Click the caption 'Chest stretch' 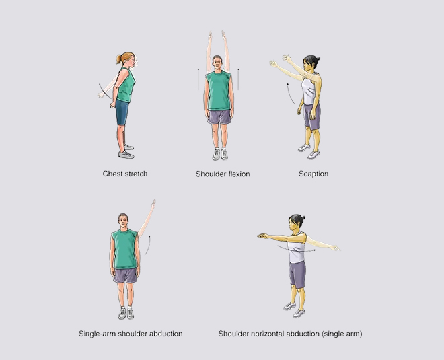point(125,174)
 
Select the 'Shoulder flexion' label point(223,174)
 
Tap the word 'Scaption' point(313,174)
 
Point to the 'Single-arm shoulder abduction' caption point(131,333)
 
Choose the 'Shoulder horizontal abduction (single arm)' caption point(291,333)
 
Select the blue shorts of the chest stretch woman point(122,112)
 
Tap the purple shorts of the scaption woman point(311,116)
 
